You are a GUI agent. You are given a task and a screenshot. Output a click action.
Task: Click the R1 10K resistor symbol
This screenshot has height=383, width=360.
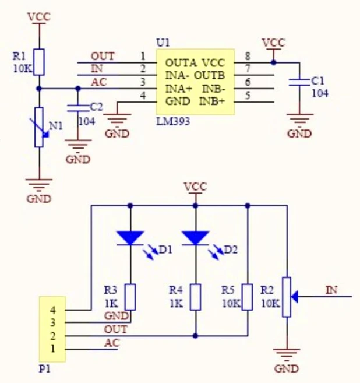point(39,62)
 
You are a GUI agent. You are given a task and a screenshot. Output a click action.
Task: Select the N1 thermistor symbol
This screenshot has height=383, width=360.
point(39,127)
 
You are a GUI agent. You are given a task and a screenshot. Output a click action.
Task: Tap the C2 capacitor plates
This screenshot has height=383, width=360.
point(78,108)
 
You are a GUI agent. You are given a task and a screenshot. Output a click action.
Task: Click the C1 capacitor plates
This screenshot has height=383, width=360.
point(299,82)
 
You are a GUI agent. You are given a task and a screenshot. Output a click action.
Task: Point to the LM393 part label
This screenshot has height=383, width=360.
point(173,121)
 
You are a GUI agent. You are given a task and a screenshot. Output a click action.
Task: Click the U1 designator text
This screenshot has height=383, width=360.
point(163,43)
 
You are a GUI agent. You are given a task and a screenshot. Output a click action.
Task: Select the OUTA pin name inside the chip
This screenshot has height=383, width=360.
point(181,63)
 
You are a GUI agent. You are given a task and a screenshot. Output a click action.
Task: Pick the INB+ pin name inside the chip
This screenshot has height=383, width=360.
point(211,101)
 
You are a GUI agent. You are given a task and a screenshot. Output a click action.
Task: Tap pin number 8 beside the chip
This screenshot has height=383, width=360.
point(248,56)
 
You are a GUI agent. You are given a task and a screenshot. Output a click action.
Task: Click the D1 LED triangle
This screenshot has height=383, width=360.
point(130,238)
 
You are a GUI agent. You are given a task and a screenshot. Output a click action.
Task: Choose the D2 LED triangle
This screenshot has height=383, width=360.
point(196,238)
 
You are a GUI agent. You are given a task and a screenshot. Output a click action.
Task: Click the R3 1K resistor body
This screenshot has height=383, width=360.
point(130,297)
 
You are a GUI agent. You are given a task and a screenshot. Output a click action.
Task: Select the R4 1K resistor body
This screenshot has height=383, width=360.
point(196,297)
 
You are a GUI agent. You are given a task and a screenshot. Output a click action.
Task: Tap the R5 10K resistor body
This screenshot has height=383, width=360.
point(248,297)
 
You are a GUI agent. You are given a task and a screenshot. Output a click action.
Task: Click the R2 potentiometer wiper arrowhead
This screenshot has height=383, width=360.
point(294,297)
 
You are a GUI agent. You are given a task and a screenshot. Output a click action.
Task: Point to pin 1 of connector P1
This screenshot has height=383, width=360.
point(53,349)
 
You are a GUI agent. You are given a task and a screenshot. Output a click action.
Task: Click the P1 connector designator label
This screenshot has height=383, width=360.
point(45,369)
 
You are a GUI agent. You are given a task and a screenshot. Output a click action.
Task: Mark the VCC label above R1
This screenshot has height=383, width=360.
point(39,17)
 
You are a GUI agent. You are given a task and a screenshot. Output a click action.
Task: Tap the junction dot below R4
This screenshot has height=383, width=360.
point(195,336)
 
